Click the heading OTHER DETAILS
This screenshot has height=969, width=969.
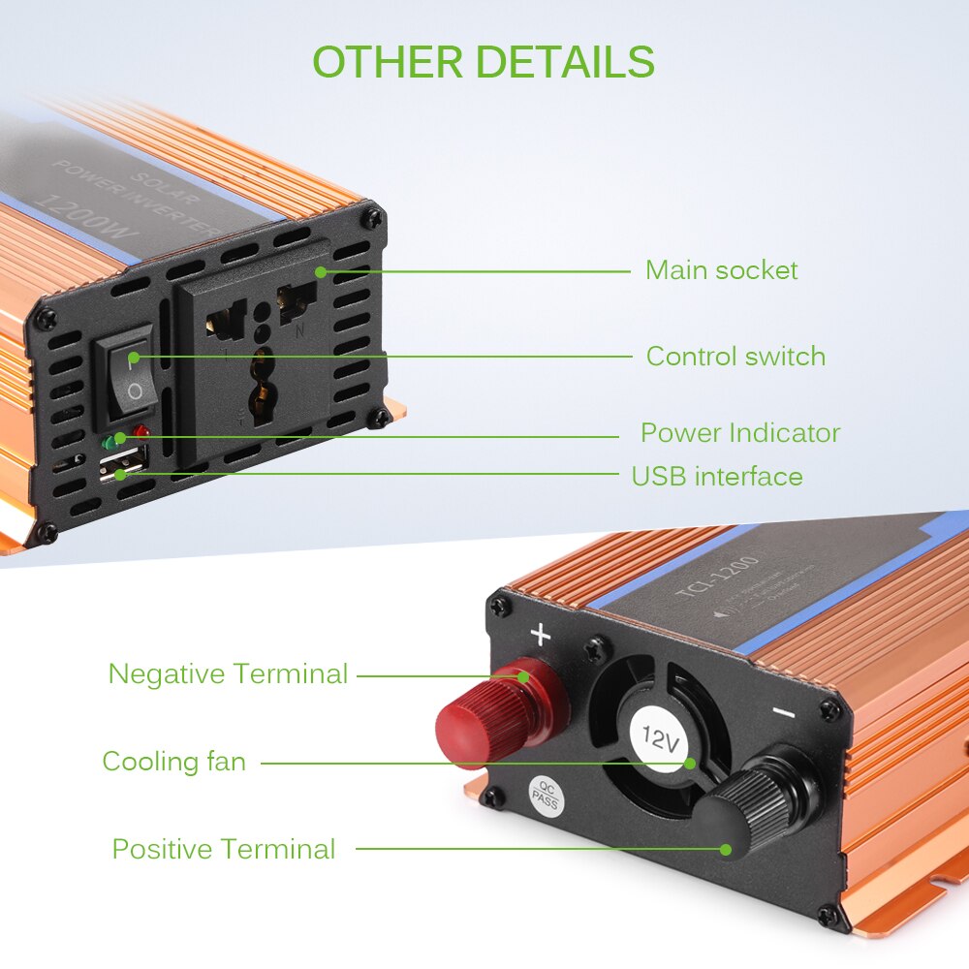coord(484,62)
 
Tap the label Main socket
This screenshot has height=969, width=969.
coord(721,269)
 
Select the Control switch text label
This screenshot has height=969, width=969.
coord(735,356)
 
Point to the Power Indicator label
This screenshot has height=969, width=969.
coord(739,432)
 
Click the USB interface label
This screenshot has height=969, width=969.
coord(717,476)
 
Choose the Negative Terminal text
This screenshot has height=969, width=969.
coord(228,673)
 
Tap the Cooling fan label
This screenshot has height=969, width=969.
coord(174,762)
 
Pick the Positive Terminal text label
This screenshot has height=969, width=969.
coord(224,849)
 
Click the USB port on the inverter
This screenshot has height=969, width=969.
coord(120,467)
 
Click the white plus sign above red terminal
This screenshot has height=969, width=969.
coord(540,636)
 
